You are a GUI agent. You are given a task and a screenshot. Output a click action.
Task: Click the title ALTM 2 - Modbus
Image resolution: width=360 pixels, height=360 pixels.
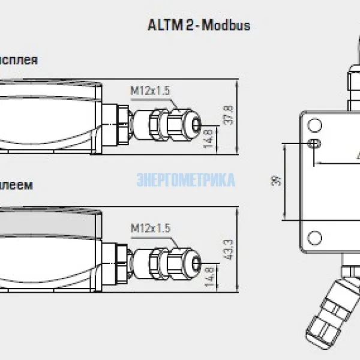(199, 26)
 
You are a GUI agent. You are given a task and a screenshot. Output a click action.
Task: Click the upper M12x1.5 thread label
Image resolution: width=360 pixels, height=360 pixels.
(151, 91)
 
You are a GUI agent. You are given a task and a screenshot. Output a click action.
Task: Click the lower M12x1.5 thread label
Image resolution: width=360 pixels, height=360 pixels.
(151, 228)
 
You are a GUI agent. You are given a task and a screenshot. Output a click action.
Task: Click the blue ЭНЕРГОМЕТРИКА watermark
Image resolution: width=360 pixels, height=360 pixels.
(186, 180)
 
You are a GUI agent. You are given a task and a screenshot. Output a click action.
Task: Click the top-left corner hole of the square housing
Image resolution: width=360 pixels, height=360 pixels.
(314, 125)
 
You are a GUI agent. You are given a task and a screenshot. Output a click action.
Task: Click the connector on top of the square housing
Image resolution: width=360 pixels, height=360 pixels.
(355, 78)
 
